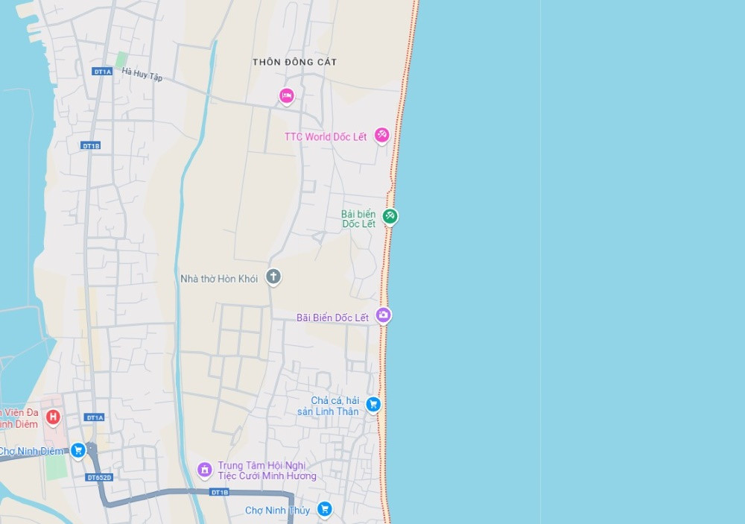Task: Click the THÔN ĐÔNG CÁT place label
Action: click(x=294, y=62)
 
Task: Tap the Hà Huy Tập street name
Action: click(x=142, y=75)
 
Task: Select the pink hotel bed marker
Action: click(x=286, y=95)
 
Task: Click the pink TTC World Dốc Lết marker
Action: click(x=381, y=135)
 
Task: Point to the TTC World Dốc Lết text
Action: click(x=326, y=137)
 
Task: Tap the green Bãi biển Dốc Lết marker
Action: click(x=390, y=217)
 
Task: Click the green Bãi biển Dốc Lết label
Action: click(x=358, y=219)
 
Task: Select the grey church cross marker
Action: click(x=273, y=277)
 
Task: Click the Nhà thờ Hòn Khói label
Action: click(x=219, y=279)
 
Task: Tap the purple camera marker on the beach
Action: click(x=383, y=315)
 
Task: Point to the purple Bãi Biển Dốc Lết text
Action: click(x=332, y=318)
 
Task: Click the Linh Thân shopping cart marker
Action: click(x=373, y=404)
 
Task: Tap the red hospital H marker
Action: click(x=53, y=416)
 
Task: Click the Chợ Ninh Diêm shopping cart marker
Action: click(x=77, y=450)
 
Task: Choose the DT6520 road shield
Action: click(x=98, y=477)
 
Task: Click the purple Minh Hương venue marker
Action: click(x=204, y=470)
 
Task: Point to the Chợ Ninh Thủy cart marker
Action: click(x=324, y=509)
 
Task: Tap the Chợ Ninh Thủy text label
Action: click(x=278, y=511)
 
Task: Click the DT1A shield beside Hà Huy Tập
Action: click(x=102, y=72)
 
